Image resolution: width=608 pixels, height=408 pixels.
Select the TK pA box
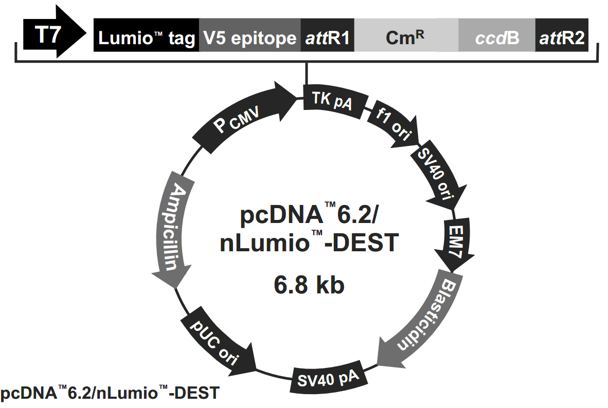(x=334, y=99)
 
